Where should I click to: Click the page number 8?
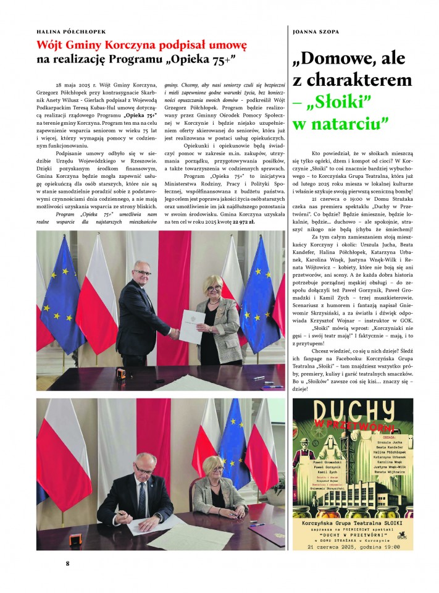[x=68, y=563]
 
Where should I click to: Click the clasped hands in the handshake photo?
[x=175, y=332]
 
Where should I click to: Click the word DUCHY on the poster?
[x=352, y=411]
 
